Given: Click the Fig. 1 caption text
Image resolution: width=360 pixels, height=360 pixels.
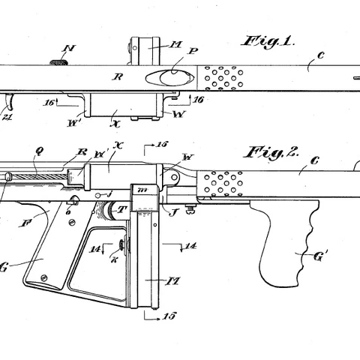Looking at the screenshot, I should pos(268,42).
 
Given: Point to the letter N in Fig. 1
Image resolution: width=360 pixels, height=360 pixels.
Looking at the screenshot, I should pos(69,49).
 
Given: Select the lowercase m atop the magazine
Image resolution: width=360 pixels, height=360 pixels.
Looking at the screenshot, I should pos(142,190).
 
